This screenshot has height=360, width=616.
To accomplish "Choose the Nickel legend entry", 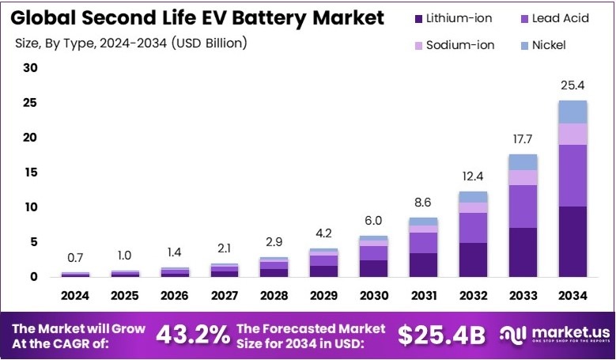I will (x=545, y=45).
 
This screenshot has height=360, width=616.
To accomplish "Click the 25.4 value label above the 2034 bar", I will (x=573, y=85).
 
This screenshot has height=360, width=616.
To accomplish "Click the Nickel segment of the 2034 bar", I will (x=573, y=112).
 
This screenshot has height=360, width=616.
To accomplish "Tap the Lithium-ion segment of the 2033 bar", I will (x=523, y=252).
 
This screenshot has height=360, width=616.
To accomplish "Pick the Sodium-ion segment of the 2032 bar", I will (x=473, y=207).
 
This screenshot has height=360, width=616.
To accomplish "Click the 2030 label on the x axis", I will (x=373, y=296).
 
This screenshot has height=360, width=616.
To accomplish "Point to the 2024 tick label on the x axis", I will (x=75, y=296).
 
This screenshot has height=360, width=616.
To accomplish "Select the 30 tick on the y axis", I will (x=30, y=68).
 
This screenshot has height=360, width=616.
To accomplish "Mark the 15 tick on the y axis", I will (x=30, y=172).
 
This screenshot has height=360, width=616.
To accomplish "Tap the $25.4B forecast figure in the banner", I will (x=440, y=335).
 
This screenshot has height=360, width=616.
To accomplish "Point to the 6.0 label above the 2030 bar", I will (x=373, y=221).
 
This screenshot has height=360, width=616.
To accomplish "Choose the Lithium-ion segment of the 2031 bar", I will (x=423, y=264).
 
